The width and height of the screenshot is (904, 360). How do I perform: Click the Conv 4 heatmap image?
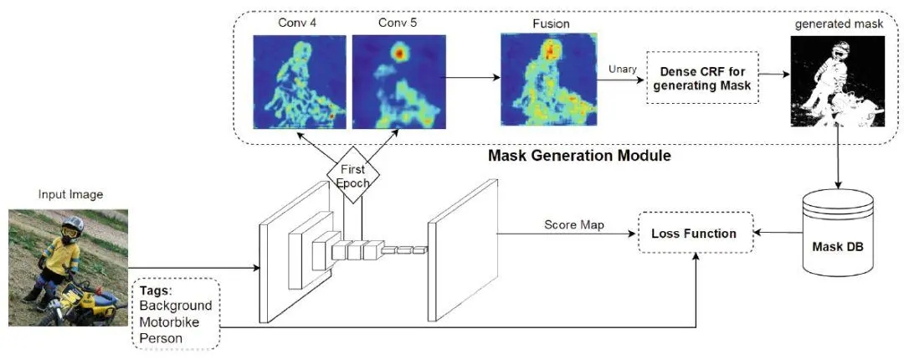coord(299,82)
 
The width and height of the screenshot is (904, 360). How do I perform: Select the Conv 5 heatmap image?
coord(393,82)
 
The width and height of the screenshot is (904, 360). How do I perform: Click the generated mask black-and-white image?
coord(824,83)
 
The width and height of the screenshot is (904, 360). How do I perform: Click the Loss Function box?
coord(695,234)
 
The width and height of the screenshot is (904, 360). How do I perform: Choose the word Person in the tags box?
coord(162,337)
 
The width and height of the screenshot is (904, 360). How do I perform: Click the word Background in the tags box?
coord(176,306)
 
